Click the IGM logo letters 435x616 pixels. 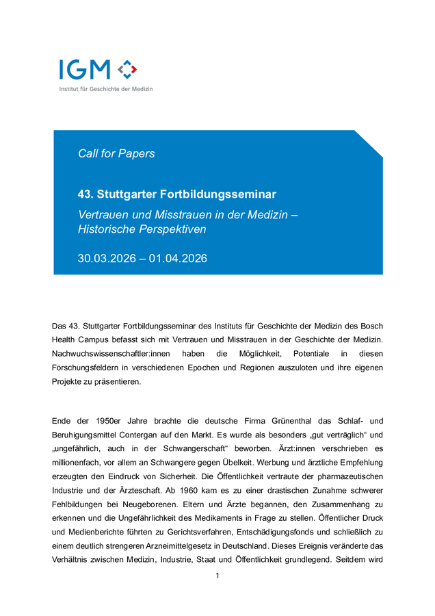click(84, 70)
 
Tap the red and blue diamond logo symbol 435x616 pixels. click(127, 68)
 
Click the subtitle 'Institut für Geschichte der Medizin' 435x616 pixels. click(106, 89)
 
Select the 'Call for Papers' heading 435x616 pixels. click(116, 153)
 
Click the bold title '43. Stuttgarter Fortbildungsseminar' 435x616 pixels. click(177, 194)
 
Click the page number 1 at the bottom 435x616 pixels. click(217, 576)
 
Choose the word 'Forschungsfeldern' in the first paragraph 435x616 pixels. click(83, 368)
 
